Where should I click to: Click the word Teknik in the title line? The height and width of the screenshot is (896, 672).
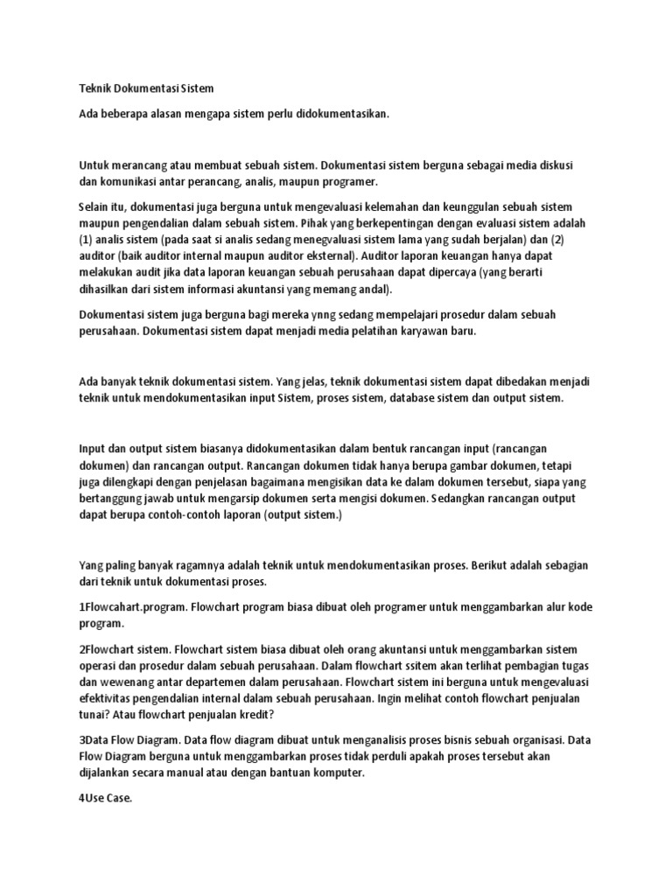pos(95,88)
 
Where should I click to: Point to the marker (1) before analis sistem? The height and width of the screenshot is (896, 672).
pos(87,240)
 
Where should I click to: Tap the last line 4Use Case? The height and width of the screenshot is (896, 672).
pos(105,797)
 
